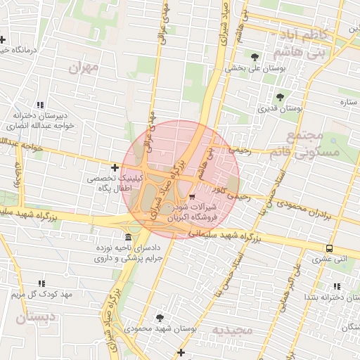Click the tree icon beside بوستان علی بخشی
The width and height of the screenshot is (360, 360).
pos(255,57)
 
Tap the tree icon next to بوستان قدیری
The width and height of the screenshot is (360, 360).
pos(280,97)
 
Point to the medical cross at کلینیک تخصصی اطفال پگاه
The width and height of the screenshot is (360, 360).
pos(115,167)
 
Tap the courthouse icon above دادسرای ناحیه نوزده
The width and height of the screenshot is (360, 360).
pos(127,237)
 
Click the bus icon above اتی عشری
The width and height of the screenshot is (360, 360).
pos(330,247)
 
